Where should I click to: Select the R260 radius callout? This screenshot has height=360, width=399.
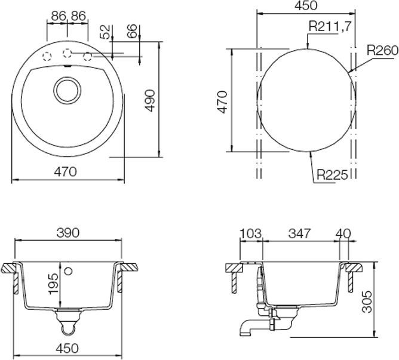click(382, 51)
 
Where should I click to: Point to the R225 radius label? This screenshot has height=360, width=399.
click(333, 175)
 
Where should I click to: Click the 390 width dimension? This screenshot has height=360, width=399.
click(68, 233)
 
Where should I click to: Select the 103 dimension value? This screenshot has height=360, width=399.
click(250, 233)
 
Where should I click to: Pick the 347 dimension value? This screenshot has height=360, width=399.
click(298, 233)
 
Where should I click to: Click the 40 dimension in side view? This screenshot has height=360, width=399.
click(343, 233)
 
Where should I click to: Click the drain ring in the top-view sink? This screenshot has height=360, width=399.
click(66, 89)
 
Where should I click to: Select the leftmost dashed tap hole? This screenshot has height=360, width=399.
click(46, 56)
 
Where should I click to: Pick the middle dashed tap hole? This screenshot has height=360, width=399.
click(67, 52)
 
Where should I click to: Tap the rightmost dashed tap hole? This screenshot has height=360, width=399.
click(88, 56)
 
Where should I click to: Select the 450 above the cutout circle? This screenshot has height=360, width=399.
click(306, 6)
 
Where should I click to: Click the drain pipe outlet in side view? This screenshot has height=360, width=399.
click(245, 329)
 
